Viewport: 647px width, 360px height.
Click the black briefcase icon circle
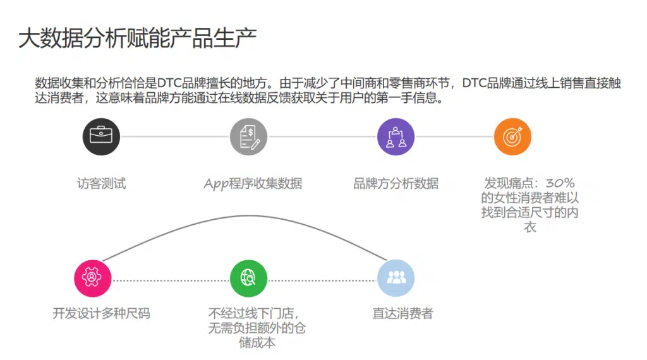point(101,136)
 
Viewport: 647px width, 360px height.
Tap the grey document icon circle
point(248,136)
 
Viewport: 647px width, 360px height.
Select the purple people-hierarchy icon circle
point(396,136)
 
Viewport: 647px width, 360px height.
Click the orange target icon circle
point(512,136)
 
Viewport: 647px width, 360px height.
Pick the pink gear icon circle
point(92,278)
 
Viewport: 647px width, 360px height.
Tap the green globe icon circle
point(248,278)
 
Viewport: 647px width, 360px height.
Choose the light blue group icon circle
point(396,278)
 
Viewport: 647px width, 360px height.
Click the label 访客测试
point(102,183)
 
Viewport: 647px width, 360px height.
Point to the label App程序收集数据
point(253,184)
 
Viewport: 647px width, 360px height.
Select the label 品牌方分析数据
point(396,183)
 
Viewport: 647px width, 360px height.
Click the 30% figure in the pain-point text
point(560,183)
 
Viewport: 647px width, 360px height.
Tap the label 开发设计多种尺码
point(102,313)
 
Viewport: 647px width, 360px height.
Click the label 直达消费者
point(402,313)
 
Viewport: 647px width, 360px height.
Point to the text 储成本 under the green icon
point(257,342)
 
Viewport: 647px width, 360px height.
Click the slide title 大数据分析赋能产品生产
point(137,39)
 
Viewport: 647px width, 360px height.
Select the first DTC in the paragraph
point(169,83)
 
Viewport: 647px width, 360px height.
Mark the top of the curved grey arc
point(248,215)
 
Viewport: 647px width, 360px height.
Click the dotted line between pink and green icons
point(171,280)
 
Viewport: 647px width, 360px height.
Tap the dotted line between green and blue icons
point(322,280)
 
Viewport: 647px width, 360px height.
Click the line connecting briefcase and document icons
point(175,136)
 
